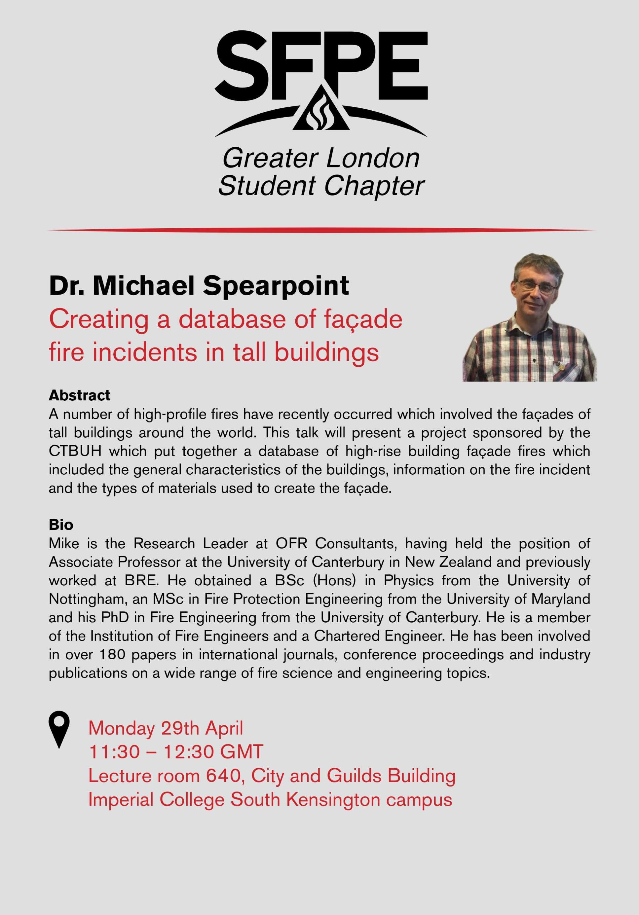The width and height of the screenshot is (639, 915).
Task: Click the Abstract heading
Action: (x=79, y=395)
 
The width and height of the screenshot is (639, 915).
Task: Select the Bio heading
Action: (x=61, y=525)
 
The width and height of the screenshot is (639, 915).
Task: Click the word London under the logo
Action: (x=373, y=158)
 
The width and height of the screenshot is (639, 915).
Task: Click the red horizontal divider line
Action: (x=321, y=230)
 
